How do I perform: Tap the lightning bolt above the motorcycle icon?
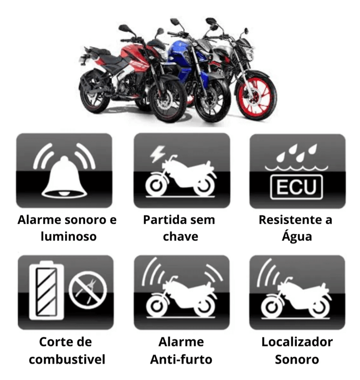click(x=157, y=153)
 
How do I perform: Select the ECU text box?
click(x=297, y=187)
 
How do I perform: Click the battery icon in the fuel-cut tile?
click(x=46, y=290)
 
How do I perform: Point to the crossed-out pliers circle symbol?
click(x=88, y=290)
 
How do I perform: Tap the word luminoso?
click(x=69, y=236)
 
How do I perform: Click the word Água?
click(x=297, y=235)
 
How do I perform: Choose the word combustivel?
click(x=67, y=359)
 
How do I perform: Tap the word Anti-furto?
click(x=181, y=359)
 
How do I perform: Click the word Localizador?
click(x=297, y=342)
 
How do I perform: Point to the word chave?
click(x=180, y=236)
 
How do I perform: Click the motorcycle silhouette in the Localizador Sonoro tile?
click(x=296, y=298)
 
